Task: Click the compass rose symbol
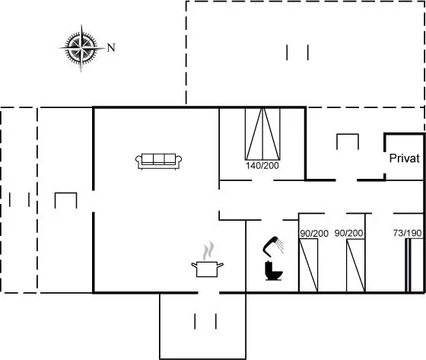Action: point(81,48)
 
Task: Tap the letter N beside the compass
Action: point(111,48)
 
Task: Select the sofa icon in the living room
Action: point(159,161)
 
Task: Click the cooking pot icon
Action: point(207,269)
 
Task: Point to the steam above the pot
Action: point(208,250)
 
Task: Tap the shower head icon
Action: point(273,247)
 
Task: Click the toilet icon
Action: point(273,270)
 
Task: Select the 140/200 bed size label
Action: point(262,166)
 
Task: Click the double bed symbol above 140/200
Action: point(262,134)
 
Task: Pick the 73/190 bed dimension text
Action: point(407,233)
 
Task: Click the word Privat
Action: point(404,158)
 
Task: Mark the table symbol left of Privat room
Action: point(348,142)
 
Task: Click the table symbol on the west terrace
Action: point(65,200)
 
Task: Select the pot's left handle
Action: point(194,265)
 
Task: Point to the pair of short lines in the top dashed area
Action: point(297,53)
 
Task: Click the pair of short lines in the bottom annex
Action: point(205,321)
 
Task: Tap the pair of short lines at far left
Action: point(19,199)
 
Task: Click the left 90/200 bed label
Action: point(314,234)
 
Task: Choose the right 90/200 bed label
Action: point(349,234)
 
